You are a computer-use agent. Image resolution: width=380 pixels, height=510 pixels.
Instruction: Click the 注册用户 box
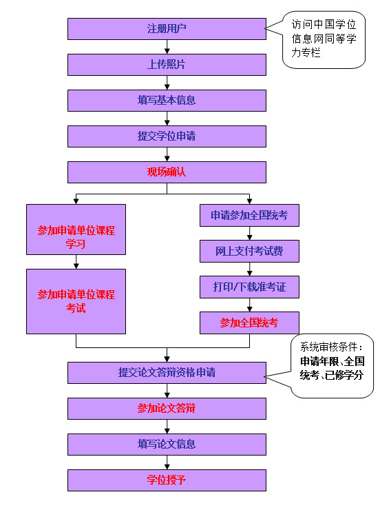point(167,29)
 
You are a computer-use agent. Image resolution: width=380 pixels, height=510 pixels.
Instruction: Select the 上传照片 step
point(167,65)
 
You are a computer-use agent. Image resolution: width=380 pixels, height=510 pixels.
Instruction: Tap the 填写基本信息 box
point(167,101)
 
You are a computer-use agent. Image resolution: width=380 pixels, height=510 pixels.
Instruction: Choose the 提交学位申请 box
point(167,136)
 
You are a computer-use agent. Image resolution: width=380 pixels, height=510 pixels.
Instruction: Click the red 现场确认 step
point(167,172)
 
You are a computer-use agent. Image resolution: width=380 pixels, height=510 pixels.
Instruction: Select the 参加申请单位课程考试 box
point(76,301)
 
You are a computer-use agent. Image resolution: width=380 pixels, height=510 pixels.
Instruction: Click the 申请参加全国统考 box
point(249,216)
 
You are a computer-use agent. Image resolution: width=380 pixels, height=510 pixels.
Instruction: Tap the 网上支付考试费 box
point(249,252)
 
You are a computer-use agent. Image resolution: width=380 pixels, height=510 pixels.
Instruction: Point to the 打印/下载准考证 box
point(249,287)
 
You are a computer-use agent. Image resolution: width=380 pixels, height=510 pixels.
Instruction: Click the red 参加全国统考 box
point(249,323)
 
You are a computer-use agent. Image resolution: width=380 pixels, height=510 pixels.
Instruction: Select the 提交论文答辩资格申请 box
point(167,373)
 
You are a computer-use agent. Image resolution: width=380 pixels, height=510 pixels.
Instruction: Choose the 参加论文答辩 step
point(167,409)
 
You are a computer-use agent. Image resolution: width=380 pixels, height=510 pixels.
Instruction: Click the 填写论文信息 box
point(167,445)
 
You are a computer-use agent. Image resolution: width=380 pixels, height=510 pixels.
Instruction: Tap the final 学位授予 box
point(167,480)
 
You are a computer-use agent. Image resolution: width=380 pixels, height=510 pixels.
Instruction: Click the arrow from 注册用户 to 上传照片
point(167,47)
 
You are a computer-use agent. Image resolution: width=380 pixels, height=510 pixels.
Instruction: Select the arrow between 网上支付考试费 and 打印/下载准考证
point(249,269)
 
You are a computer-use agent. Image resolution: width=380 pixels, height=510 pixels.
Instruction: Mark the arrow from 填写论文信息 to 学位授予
point(167,462)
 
